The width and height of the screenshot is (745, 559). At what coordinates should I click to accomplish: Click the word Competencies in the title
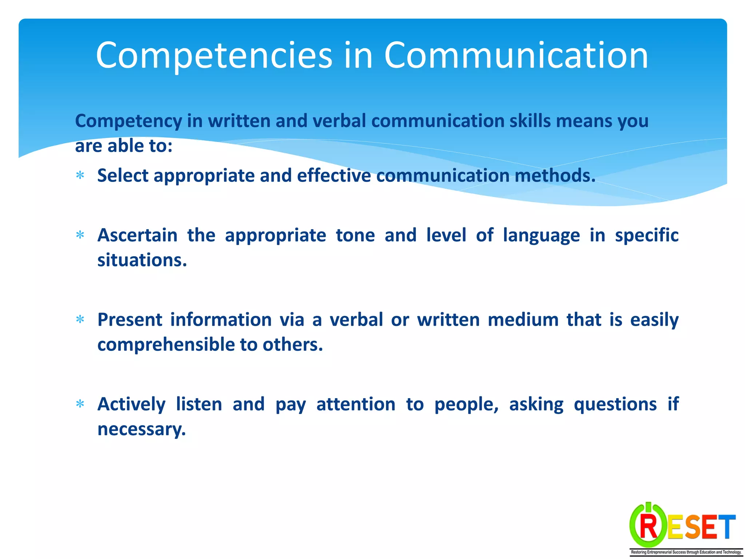pyautogui.click(x=214, y=55)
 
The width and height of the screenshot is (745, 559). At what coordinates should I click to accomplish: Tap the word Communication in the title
pyautogui.click(x=516, y=55)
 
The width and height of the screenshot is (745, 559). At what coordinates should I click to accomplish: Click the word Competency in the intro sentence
pyautogui.click(x=128, y=121)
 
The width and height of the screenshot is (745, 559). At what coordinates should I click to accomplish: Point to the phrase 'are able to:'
pyautogui.click(x=124, y=146)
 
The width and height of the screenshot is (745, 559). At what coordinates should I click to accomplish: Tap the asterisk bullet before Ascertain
pyautogui.click(x=80, y=235)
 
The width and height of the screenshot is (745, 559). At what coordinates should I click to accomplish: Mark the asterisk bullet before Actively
pyautogui.click(x=80, y=404)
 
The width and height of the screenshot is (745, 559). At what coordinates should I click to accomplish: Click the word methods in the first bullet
pyautogui.click(x=555, y=175)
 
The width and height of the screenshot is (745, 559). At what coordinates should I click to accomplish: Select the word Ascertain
pyautogui.click(x=138, y=235)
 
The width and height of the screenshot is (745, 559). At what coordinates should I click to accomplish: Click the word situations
pyautogui.click(x=142, y=260)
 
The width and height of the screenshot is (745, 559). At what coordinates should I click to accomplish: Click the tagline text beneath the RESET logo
pyautogui.click(x=686, y=552)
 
